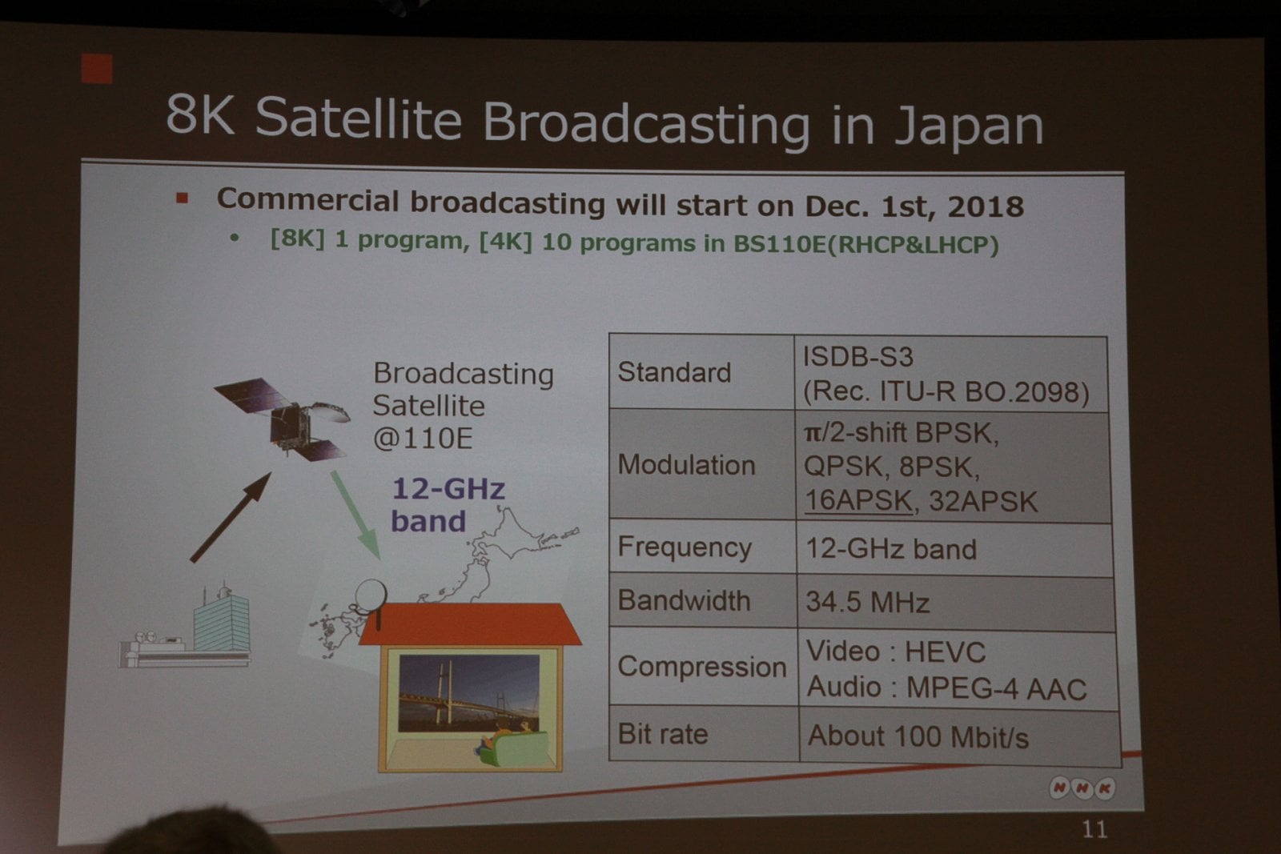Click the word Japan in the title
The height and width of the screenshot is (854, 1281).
pyautogui.click(x=969, y=126)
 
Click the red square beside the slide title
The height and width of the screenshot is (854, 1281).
pyautogui.click(x=97, y=69)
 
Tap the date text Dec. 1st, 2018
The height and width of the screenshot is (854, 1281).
pyautogui.click(x=914, y=206)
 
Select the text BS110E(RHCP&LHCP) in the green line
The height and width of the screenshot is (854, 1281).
pyautogui.click(x=865, y=244)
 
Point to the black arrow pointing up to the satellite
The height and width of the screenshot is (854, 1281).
pyautogui.click(x=231, y=517)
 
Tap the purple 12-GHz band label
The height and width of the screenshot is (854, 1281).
pyautogui.click(x=447, y=505)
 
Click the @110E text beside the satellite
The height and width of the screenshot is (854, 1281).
pyautogui.click(x=423, y=439)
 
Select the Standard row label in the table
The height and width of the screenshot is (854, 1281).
pyautogui.click(x=674, y=372)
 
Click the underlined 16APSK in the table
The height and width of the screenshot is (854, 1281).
pyautogui.click(x=857, y=500)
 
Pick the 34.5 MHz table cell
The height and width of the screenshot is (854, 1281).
pyautogui.click(x=867, y=602)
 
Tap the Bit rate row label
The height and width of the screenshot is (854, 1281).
pyautogui.click(x=662, y=734)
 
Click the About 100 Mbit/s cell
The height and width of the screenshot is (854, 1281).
pyautogui.click(x=918, y=736)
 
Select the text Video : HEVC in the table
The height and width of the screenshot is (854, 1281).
pyautogui.click(x=895, y=652)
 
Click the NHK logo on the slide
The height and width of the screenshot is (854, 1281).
pyautogui.click(x=1082, y=788)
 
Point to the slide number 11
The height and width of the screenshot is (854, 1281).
pyautogui.click(x=1094, y=829)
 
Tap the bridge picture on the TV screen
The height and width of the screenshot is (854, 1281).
pyautogui.click(x=468, y=692)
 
